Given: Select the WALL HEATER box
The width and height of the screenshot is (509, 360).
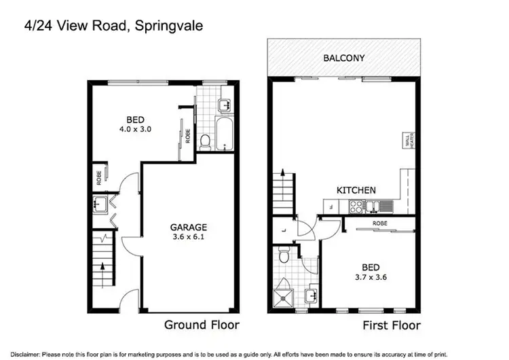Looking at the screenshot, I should (x=409, y=141).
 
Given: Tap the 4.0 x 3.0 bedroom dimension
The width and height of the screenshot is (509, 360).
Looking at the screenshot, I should (x=134, y=127).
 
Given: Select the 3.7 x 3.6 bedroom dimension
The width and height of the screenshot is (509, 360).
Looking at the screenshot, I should (x=370, y=277).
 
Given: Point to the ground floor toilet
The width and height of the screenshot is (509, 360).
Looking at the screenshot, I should (x=206, y=141).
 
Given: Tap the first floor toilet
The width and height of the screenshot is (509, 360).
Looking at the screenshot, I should (x=286, y=257).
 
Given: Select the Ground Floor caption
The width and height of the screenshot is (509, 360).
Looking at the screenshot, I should (x=202, y=325).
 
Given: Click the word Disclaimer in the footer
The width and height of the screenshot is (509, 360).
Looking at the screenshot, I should (x=18, y=353).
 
